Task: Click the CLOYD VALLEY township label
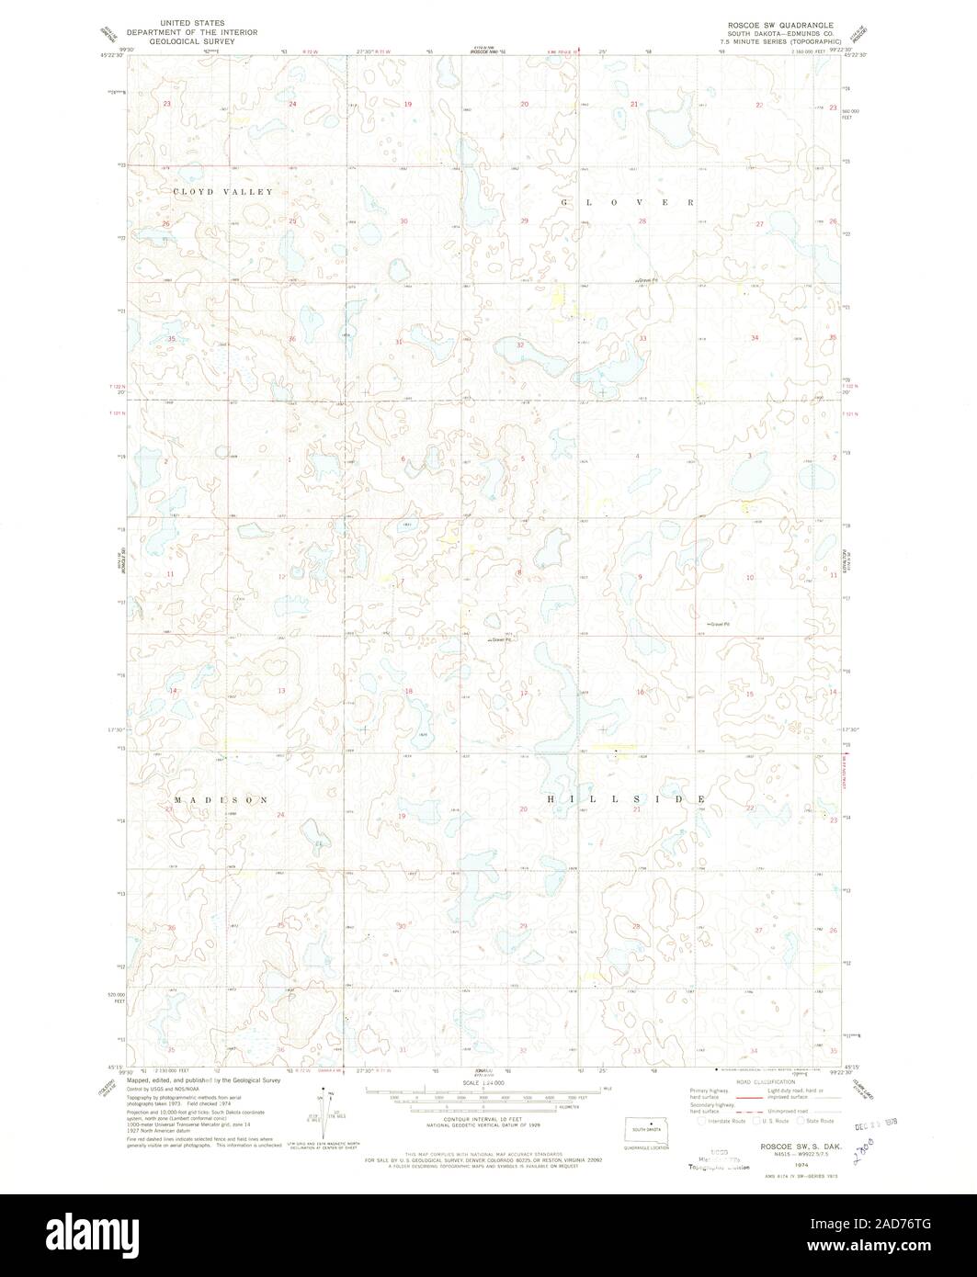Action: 222,192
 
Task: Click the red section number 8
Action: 520,574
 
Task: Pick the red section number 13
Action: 282,691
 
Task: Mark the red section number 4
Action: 637,457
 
